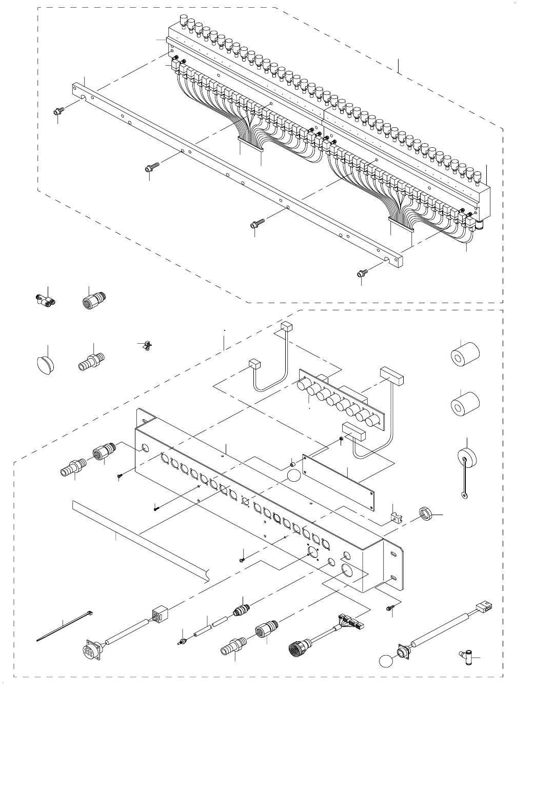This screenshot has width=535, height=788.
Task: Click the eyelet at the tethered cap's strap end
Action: tap(464, 496)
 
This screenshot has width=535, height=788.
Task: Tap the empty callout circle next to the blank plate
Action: tap(293, 475)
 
